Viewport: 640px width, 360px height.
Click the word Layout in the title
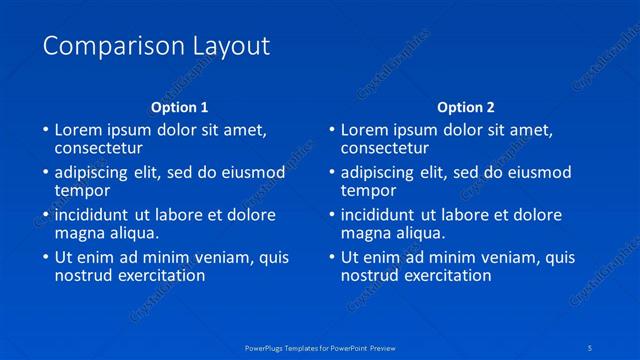(x=233, y=46)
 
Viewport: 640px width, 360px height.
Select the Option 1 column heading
(x=180, y=107)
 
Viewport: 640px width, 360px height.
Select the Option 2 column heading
(x=466, y=107)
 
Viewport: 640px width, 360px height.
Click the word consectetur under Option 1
(x=99, y=148)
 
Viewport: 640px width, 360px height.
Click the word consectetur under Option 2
(x=386, y=148)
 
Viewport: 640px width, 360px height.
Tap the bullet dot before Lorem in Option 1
(x=45, y=130)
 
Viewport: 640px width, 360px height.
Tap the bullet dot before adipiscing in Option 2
(x=332, y=173)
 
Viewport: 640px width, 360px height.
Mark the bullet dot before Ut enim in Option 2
(x=332, y=258)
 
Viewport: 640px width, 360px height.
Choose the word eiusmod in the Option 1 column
(x=254, y=172)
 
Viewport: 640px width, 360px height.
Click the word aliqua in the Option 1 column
(x=132, y=233)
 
